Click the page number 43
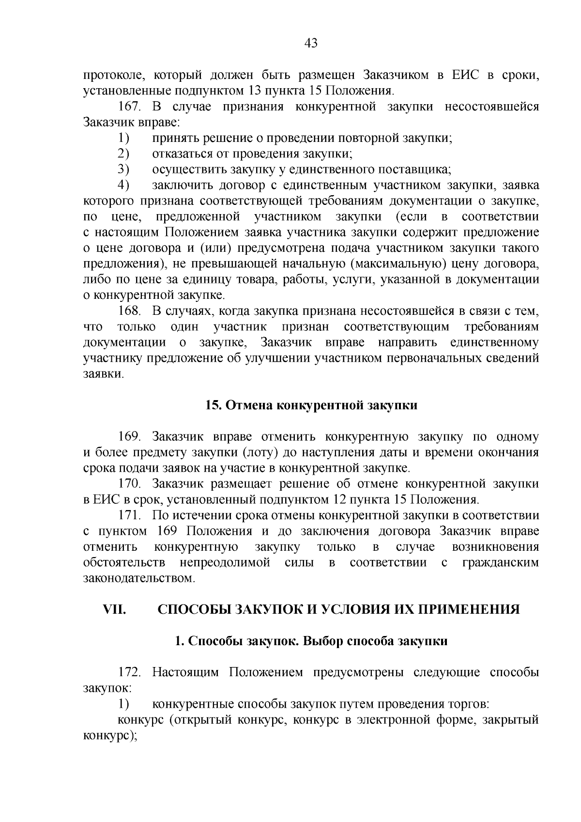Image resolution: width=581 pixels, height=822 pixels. pyautogui.click(x=311, y=44)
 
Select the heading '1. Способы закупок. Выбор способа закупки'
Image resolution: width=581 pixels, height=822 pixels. pyautogui.click(x=311, y=641)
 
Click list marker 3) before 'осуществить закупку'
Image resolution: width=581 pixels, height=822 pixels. pyautogui.click(x=124, y=170)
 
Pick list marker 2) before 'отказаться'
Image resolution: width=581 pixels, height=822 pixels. pyautogui.click(x=124, y=154)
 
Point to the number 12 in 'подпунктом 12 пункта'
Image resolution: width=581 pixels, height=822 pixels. pyautogui.click(x=339, y=499)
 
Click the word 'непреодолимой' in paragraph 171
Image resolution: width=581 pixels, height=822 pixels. pyautogui.click(x=224, y=562)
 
